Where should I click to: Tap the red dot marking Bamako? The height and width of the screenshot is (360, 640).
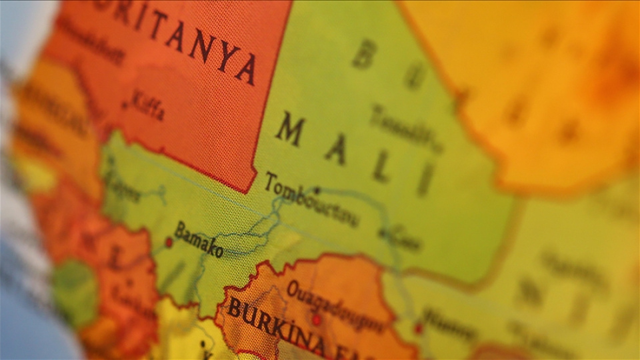(x=169, y=243)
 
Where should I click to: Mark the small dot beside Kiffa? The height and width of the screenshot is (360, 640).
(x=125, y=105)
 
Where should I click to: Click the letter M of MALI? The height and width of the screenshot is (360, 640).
(x=291, y=129)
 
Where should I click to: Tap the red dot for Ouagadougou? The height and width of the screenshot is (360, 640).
(x=317, y=320)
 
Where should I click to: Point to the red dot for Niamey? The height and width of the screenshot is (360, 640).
(x=418, y=329)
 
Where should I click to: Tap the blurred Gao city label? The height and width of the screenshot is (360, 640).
(x=403, y=239)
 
